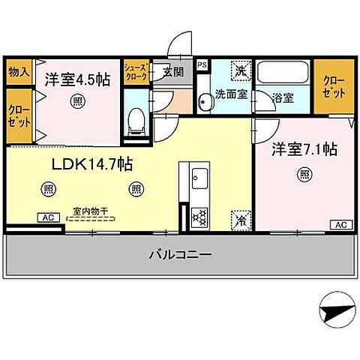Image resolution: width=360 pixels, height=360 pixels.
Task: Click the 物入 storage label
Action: click(19, 73)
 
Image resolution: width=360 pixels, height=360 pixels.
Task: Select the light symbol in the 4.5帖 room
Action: click(77, 101)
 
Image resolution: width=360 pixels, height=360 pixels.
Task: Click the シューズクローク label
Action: click(136, 72)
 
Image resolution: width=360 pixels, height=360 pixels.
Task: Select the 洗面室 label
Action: click(231, 96)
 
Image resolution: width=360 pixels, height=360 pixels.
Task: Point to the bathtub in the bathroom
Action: click(283, 74)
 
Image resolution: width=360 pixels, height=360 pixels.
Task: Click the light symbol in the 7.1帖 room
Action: click(304, 175)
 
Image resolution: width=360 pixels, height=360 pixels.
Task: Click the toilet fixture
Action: click(136, 123)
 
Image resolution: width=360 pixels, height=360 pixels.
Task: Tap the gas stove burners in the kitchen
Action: click(200, 217)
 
